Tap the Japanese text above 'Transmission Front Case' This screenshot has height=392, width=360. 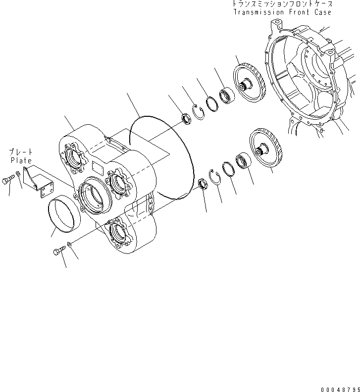[x=281, y=4]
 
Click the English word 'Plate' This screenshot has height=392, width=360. [x=21, y=160]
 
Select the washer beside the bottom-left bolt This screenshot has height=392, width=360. [x=69, y=244]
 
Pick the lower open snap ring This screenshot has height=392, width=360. [x=215, y=177]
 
